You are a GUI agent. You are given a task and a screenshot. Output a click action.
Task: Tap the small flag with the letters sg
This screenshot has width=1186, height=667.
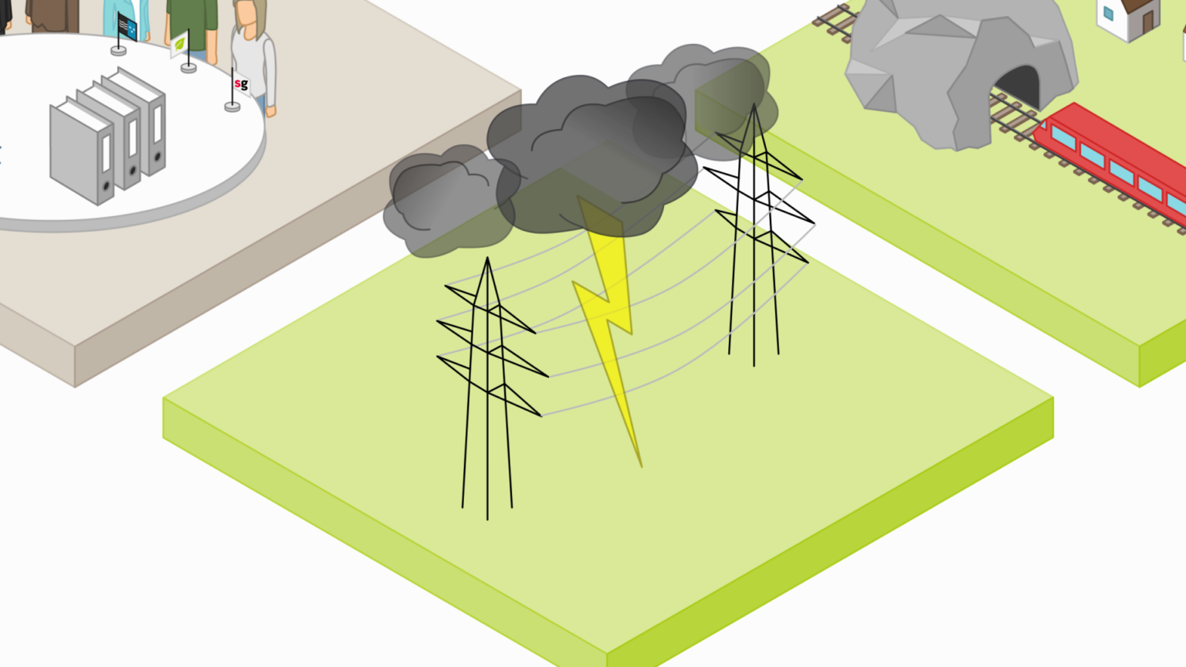241,84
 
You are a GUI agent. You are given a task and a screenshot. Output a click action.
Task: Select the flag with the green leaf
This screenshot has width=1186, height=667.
179,45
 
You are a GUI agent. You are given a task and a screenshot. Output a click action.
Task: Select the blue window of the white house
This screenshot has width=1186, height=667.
1109,12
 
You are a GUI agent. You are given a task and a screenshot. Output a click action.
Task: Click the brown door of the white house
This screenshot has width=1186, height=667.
1147,20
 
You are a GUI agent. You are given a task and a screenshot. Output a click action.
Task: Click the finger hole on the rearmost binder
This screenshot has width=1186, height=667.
158,156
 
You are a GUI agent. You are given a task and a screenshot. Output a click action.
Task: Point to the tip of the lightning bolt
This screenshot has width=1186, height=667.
641,466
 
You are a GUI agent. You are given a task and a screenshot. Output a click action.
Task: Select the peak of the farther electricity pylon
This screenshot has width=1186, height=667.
754,105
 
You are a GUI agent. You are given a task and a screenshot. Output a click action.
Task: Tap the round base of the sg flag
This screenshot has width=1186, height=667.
232,107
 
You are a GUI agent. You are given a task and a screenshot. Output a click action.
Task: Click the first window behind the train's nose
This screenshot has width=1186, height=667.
1064,137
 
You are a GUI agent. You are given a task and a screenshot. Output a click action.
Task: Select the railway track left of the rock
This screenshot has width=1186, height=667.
836,22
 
